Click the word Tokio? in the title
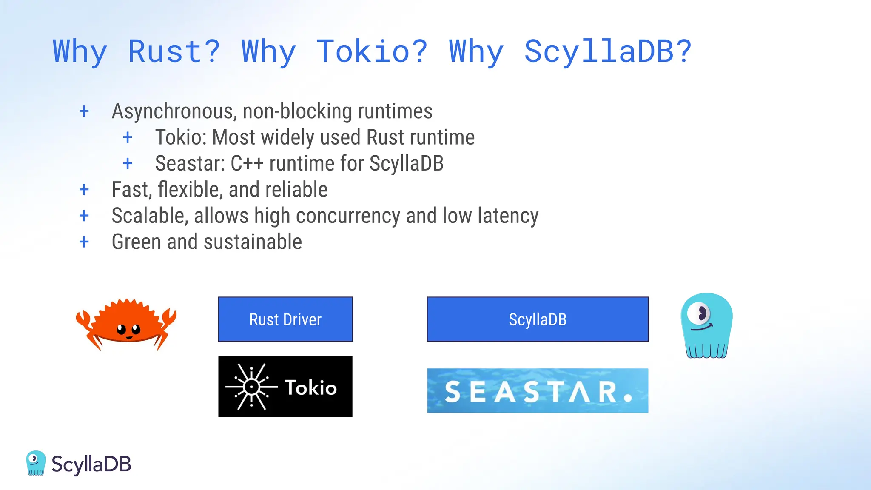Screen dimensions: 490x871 click(x=372, y=51)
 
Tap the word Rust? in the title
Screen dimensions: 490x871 click(x=174, y=51)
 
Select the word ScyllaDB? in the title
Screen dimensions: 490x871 click(x=608, y=51)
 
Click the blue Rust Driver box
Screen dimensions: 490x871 click(x=285, y=319)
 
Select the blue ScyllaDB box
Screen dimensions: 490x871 click(x=538, y=319)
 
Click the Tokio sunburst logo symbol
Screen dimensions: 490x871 click(x=252, y=387)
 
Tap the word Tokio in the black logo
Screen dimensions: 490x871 click(x=310, y=387)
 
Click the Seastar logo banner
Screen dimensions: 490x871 click(x=538, y=390)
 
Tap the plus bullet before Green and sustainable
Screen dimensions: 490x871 click(x=84, y=242)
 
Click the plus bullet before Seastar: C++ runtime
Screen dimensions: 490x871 click(x=128, y=163)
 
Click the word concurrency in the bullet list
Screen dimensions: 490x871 click(x=348, y=216)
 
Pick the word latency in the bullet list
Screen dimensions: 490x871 click(x=508, y=216)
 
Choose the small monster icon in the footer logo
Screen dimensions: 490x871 click(x=36, y=463)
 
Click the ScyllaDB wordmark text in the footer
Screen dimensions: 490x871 click(x=91, y=464)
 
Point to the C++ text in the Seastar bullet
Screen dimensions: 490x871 click(x=247, y=164)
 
